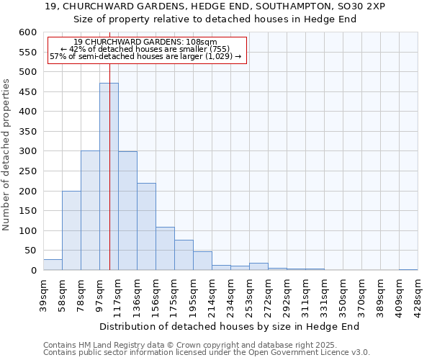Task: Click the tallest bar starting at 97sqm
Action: pos(109,176)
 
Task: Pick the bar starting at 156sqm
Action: pos(165,248)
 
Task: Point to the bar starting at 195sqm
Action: pos(202,261)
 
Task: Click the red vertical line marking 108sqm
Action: pos(109,144)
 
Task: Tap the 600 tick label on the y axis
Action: pos(27,32)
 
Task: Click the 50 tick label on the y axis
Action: pos(30,251)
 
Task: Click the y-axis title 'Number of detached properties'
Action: pos(7,155)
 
